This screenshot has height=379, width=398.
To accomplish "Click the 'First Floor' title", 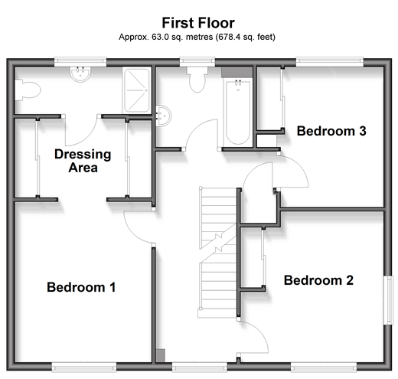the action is coord(198,23).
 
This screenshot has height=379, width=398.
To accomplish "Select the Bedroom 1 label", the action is coord(81,287).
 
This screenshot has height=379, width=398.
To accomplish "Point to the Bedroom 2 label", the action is coord(318,280).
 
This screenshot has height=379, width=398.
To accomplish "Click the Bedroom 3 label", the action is coord(331,131).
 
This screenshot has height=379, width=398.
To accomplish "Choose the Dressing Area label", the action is coord(83,161).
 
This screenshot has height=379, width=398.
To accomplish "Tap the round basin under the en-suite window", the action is coord(80,74).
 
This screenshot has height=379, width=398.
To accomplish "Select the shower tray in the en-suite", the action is coord(137,90).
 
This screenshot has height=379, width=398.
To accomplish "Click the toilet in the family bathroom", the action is coord(197,80).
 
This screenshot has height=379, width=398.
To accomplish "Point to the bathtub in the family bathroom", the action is coord(238,113).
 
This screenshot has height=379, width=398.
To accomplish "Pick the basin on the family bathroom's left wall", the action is coord(163,116).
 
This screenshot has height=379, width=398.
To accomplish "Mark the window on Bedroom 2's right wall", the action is coord(388,300).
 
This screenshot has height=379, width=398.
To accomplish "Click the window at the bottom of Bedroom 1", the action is coord(84,368).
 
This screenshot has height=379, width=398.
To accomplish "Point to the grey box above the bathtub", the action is coord(237,72).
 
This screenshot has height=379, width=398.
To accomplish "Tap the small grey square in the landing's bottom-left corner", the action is coord(160,355).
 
